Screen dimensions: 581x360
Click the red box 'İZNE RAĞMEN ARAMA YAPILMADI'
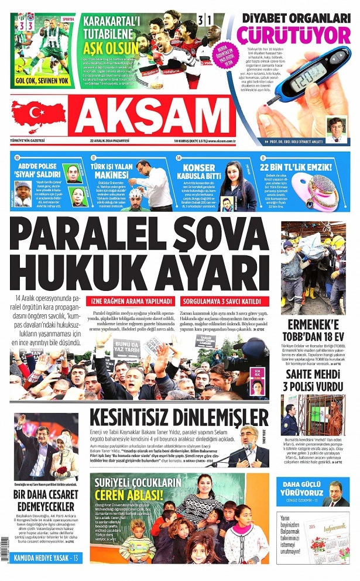[126, 302]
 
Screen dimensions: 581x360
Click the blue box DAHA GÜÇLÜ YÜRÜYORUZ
[299, 487]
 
